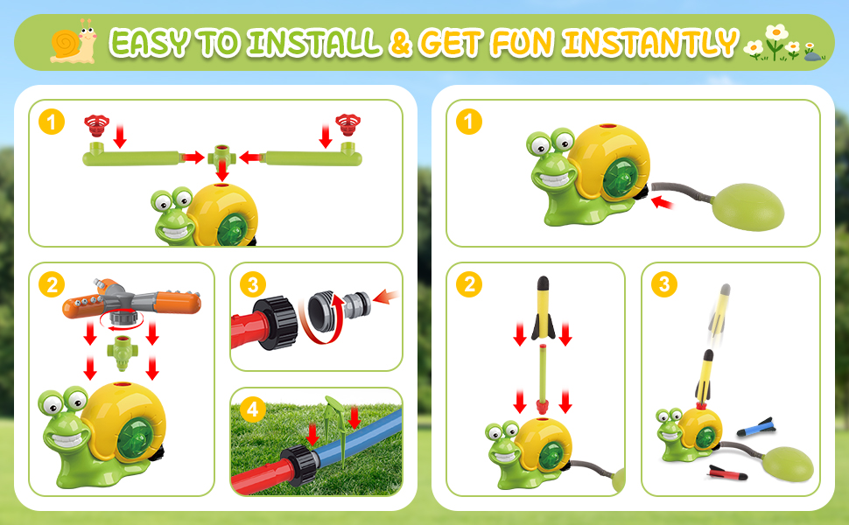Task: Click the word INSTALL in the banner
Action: [x=314, y=42]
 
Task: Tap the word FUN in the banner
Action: [x=523, y=42]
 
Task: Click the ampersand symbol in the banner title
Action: [x=401, y=43]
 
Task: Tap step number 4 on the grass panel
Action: [x=252, y=409]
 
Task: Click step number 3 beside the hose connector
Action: [x=252, y=284]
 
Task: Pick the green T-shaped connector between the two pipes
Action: [x=221, y=157]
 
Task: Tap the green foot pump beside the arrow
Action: [x=747, y=207]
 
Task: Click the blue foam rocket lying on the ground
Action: [x=755, y=427]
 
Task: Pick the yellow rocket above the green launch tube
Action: [x=543, y=307]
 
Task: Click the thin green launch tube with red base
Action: [x=543, y=380]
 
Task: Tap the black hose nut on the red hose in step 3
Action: [x=276, y=323]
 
